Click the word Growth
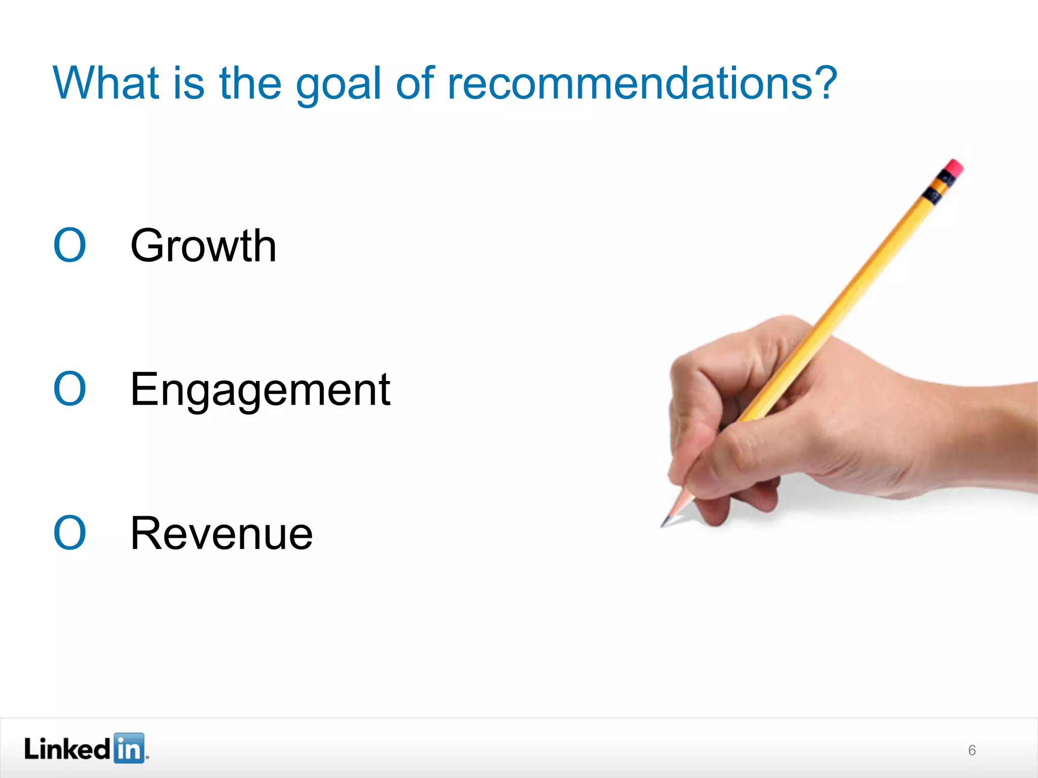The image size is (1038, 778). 203,247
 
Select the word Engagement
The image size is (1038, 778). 260,390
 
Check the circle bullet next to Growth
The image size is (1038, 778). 70,246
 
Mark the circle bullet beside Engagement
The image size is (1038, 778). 70,389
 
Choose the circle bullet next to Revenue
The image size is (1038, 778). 70,533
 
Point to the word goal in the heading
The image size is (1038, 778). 338,85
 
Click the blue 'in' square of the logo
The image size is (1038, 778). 129,748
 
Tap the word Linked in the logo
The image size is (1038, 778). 67,749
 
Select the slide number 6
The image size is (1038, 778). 972,750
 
